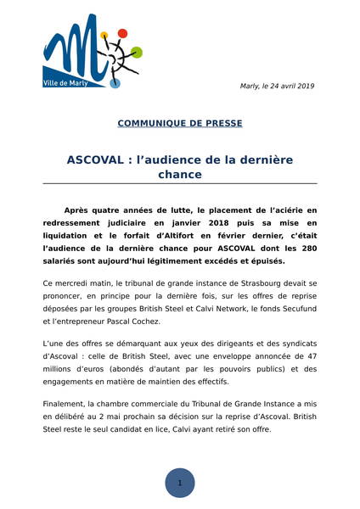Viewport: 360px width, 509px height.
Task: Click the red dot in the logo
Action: point(122,33)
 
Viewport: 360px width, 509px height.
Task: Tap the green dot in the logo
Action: point(138,52)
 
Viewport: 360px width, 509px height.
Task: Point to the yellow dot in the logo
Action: point(104,36)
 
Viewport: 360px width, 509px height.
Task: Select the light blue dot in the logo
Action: point(117,83)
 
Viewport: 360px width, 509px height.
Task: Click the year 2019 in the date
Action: point(304,86)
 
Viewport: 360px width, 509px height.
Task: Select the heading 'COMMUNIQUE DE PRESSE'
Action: point(180,123)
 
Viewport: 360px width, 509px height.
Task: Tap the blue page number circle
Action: point(180,482)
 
